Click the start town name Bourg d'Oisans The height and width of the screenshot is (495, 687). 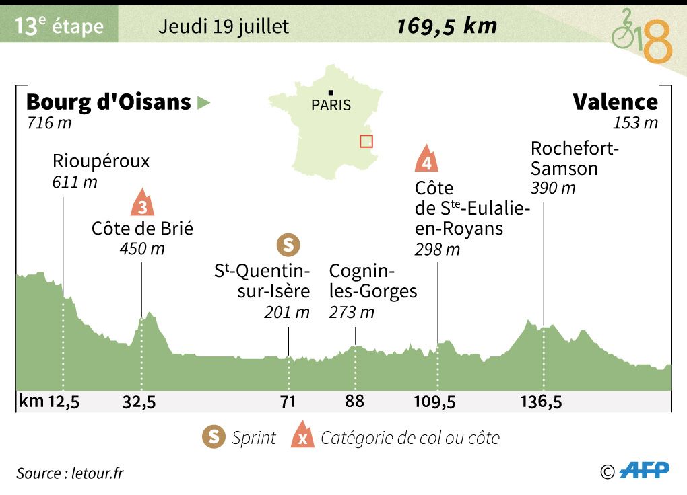(108, 102)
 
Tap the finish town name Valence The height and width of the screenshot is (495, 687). (615, 102)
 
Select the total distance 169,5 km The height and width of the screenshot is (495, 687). (447, 26)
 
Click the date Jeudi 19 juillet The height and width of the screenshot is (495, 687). (224, 26)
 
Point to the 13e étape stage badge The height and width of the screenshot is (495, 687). (59, 26)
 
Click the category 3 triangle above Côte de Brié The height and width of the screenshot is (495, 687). (141, 203)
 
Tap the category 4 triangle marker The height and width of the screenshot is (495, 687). (426, 159)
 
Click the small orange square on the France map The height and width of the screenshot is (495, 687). (366, 141)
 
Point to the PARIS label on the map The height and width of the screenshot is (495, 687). (331, 106)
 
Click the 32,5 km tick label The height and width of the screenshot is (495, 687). (139, 402)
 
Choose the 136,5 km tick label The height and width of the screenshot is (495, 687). (542, 402)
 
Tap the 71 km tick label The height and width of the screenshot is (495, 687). (288, 402)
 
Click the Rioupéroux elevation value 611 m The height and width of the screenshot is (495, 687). (74, 182)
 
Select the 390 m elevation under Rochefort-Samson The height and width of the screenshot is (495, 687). (553, 188)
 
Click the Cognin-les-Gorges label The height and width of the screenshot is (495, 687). (372, 281)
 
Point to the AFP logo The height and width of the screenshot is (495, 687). (644, 471)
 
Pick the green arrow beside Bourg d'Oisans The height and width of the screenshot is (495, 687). (203, 103)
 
